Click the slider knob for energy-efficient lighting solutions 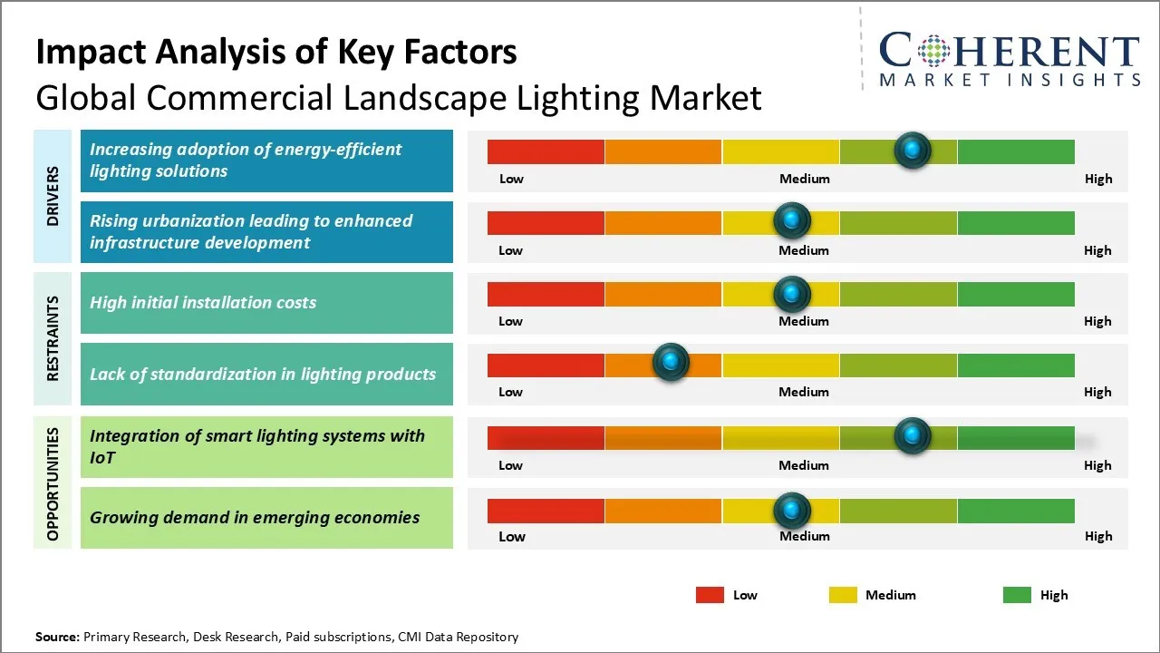coord(913,150)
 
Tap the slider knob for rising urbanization coord(792,221)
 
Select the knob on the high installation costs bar coord(792,294)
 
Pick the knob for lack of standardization coord(671,363)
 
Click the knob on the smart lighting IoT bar coord(913,436)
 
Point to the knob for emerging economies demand coord(792,511)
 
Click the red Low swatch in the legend coord(710,595)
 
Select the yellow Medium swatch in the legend coord(843,595)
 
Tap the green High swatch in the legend coord(1017,595)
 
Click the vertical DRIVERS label coord(53,196)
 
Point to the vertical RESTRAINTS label coord(53,337)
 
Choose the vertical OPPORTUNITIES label coord(53,483)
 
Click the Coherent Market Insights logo coord(1009,59)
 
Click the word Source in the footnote coord(57,637)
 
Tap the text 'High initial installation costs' coord(203,303)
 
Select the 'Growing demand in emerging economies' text coord(255,518)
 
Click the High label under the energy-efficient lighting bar coord(1098,179)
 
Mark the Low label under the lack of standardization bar coord(510,392)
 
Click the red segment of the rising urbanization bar coord(546,222)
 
